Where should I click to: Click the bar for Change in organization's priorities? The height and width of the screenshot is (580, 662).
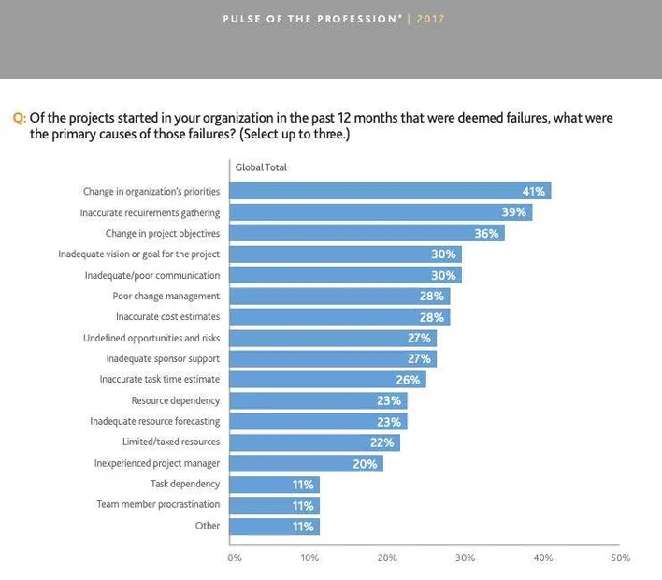pos(390,191)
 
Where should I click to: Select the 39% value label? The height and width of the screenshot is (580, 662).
pos(514,212)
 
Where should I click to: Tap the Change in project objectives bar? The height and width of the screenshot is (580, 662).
pos(367,233)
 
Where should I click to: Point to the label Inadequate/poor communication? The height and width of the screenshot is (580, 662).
pos(152,276)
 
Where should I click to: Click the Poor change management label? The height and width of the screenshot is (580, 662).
pos(166,297)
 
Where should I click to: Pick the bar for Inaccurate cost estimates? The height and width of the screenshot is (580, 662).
pos(339,317)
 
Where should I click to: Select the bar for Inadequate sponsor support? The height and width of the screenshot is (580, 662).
pos(333,358)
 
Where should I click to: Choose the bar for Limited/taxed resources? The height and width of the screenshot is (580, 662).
pos(314,442)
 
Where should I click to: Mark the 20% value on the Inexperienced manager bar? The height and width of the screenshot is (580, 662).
pos(366,463)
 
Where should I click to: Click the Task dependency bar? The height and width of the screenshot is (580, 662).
pos(274,484)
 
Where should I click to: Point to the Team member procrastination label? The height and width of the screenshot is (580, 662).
pos(158,504)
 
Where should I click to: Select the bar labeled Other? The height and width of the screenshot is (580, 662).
pos(274,526)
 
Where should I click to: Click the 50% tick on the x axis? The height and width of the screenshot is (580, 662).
pos(620,558)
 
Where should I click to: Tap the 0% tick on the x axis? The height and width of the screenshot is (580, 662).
pos(235,558)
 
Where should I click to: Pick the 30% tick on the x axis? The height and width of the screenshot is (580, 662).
pos(465,558)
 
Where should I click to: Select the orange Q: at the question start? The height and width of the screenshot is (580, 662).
pos(18,119)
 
